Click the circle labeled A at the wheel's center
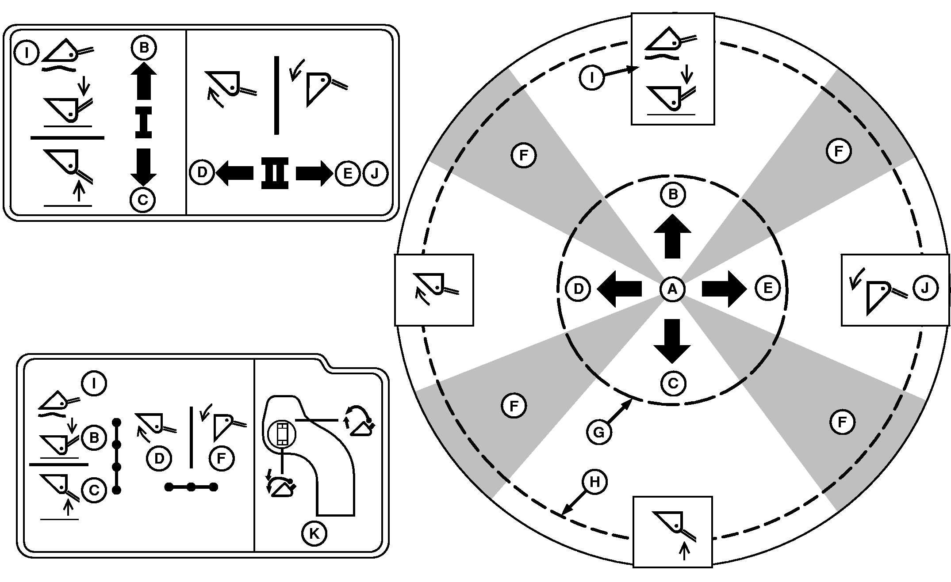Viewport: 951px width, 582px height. pos(672,289)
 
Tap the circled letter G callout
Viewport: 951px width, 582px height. pos(598,432)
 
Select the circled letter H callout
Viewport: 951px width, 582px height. pos(594,482)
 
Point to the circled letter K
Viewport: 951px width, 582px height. pos(314,533)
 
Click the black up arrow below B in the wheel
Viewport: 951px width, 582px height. pos(672,236)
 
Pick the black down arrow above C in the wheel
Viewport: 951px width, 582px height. pos(672,341)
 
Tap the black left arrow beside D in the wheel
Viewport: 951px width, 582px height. pos(619,289)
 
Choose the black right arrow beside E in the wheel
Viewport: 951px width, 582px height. pos(724,289)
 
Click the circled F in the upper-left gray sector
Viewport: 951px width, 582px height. pos(524,155)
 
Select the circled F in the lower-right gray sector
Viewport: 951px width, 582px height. pos(842,422)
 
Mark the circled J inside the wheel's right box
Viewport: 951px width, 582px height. pos(925,288)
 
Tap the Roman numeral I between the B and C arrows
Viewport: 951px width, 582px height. pos(143,122)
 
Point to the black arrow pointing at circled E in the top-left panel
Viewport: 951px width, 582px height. pos(314,173)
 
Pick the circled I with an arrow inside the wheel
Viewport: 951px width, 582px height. pos(591,78)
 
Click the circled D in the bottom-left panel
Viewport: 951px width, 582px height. pos(159,458)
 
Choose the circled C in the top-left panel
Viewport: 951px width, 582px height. pos(142,200)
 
